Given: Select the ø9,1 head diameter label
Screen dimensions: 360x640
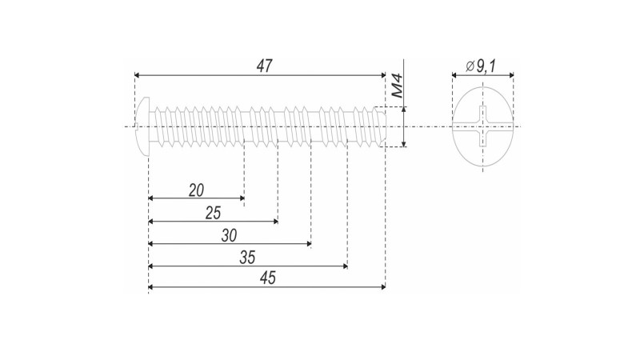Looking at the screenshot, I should click(482, 67).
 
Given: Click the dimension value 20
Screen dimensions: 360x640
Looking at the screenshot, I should click(196, 190).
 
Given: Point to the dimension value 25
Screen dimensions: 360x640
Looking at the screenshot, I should click(213, 213).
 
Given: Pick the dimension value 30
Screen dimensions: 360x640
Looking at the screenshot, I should click(230, 236).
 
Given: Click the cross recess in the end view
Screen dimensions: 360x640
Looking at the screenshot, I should click(482, 126).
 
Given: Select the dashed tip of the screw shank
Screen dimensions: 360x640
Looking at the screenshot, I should click(381, 126).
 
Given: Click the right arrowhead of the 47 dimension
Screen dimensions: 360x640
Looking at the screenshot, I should click(382, 75).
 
